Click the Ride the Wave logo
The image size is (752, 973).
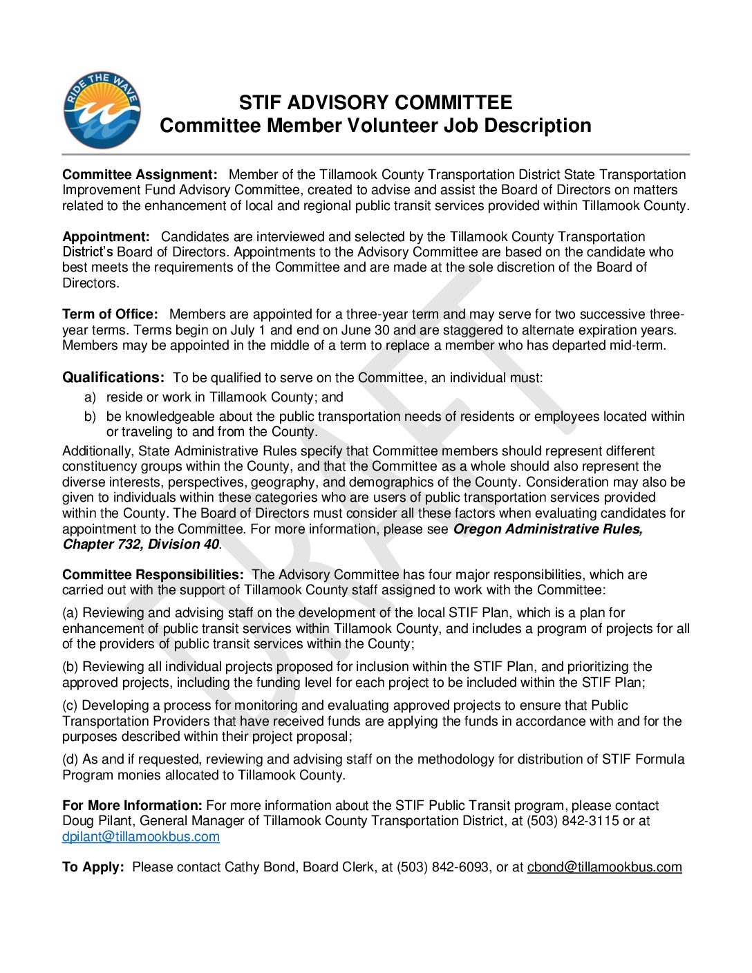[102, 111]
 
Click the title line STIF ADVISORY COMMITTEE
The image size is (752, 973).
[375, 103]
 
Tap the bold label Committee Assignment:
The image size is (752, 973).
[140, 175]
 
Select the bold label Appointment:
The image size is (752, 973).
[106, 237]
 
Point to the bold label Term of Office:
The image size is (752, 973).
[110, 314]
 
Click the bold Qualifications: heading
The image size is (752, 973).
[113, 377]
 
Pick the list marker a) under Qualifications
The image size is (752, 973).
[90, 397]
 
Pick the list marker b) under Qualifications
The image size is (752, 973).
[90, 417]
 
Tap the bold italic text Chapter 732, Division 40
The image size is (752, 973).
[141, 545]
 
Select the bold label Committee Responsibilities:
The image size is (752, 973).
[153, 575]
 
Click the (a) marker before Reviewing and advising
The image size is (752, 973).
[70, 613]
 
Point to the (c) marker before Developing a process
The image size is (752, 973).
[70, 706]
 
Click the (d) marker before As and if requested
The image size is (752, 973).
[70, 759]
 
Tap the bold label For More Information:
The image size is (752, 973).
[132, 806]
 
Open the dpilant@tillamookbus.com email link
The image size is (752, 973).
[141, 837]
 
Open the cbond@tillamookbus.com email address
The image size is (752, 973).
[604, 867]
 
